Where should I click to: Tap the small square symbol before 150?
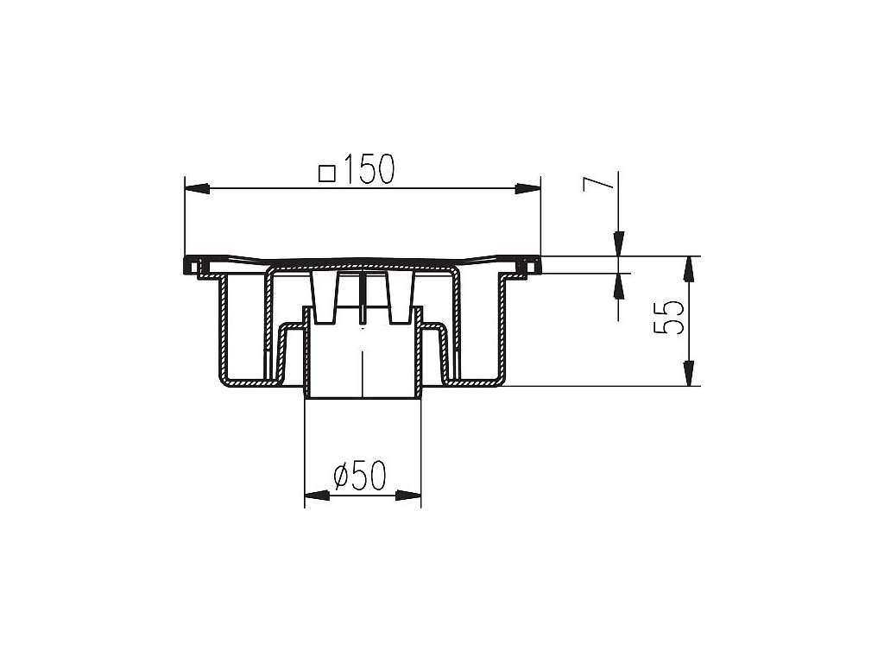point(327,173)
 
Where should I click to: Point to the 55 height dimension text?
point(669,318)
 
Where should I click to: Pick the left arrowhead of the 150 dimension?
point(198,189)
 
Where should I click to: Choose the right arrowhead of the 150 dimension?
point(527,189)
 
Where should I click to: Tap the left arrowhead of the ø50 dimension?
point(317,496)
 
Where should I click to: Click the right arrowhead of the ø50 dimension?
point(408,496)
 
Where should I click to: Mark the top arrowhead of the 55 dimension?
point(688,269)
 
